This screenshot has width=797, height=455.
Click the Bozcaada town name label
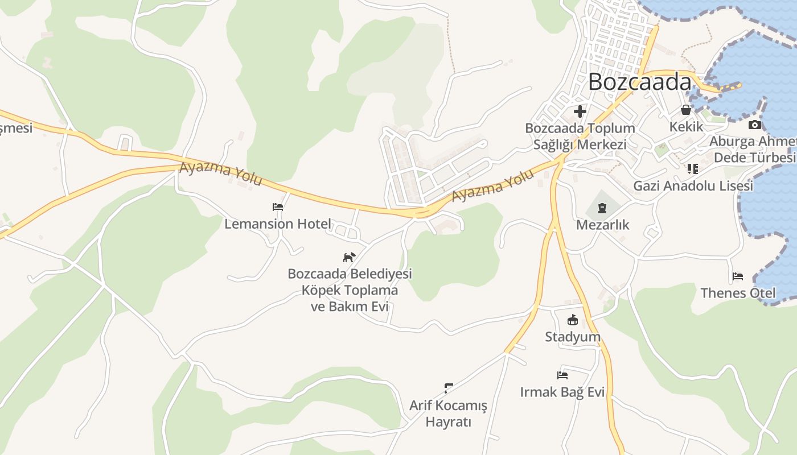click(639, 82)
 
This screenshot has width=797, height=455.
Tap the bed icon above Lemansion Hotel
click(278, 207)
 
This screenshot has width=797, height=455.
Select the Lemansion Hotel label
click(277, 224)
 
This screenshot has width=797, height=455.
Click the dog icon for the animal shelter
click(349, 257)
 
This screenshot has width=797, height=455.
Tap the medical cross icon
click(580, 111)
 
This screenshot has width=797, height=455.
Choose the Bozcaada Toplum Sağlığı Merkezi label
click(580, 136)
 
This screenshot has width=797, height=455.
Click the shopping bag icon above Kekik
click(686, 110)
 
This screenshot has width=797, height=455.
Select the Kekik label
click(686, 126)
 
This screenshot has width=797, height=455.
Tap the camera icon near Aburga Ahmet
click(755, 125)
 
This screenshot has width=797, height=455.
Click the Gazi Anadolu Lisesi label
click(693, 185)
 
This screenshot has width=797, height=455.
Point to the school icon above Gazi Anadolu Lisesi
click(692, 168)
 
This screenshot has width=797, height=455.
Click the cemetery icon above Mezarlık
click(602, 209)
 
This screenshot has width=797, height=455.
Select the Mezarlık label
click(602, 225)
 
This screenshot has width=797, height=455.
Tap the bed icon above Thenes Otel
click(738, 277)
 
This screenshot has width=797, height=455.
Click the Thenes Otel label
click(738, 293)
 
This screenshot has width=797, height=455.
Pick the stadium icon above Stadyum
click(573, 320)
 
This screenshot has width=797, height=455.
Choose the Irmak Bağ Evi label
click(562, 392)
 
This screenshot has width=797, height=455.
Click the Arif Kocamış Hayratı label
click(449, 413)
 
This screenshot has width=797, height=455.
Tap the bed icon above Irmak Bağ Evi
click(562, 375)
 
